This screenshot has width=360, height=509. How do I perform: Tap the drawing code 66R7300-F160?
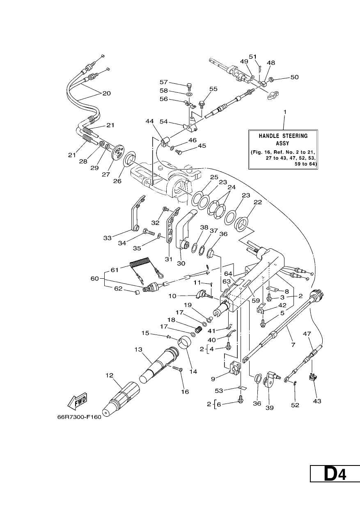click(x=79, y=417)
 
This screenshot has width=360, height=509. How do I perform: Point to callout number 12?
click(x=109, y=375)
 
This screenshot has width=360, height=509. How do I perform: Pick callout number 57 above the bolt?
click(x=164, y=82)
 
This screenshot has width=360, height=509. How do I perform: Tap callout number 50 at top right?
click(x=295, y=77)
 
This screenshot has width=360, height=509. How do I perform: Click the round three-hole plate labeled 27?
click(x=119, y=151)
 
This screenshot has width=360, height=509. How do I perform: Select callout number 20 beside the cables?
click(x=106, y=94)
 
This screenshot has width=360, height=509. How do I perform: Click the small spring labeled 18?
click(x=199, y=329)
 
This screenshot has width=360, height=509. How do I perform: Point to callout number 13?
click(x=138, y=349)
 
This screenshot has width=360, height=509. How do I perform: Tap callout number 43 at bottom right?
click(x=317, y=401)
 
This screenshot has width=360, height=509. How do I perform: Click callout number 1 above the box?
click(x=284, y=112)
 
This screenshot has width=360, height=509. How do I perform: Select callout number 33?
click(x=108, y=238)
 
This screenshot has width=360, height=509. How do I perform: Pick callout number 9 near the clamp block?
click(x=213, y=378)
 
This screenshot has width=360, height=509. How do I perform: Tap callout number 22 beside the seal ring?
click(x=258, y=202)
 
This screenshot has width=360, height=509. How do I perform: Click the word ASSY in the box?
click(x=282, y=143)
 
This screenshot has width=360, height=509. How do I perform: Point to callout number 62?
click(x=118, y=289)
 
